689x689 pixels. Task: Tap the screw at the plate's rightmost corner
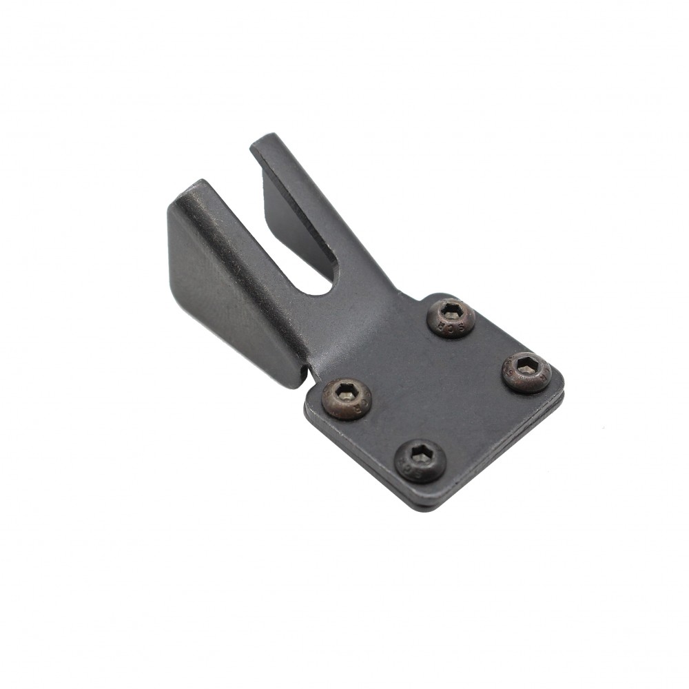526,372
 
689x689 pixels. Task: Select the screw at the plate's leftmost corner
347,399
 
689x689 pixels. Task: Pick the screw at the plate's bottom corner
420,461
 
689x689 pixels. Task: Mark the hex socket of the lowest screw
420,456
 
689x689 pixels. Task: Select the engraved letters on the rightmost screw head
544,377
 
